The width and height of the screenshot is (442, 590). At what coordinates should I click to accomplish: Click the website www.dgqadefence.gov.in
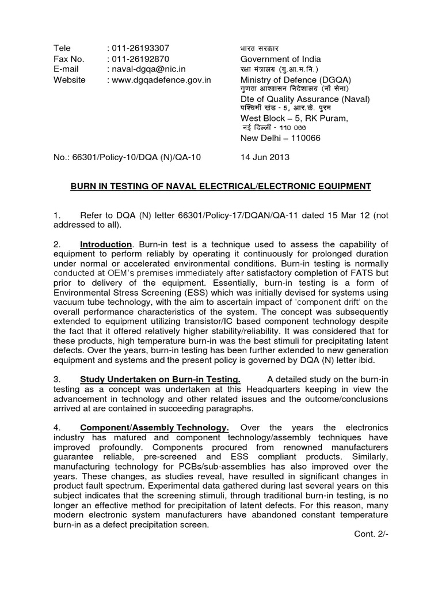[x=162, y=80]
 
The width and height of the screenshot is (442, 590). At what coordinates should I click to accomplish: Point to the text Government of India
[x=280, y=59]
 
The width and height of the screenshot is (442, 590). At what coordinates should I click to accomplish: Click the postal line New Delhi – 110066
[x=280, y=138]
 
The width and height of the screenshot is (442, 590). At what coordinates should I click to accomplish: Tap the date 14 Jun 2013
[x=264, y=157]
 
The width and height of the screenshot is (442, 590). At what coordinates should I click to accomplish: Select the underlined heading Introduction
[x=106, y=245]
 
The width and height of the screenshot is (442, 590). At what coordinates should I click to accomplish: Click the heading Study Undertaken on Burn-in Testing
[x=160, y=379]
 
